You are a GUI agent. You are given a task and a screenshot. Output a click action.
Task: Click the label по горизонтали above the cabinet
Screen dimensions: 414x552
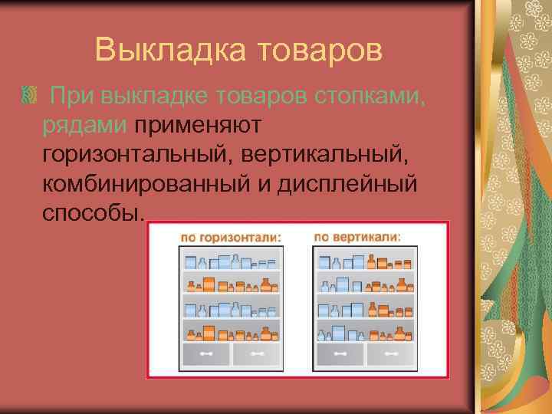tap(231, 237)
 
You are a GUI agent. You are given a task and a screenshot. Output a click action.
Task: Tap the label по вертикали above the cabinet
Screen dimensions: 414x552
tap(357, 237)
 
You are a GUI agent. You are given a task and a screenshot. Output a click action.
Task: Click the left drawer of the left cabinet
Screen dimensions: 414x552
tap(206, 354)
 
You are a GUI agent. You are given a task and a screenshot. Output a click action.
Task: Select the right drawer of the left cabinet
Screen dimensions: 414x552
tap(254, 354)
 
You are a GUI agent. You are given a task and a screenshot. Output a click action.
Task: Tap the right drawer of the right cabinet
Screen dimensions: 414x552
tap(390, 354)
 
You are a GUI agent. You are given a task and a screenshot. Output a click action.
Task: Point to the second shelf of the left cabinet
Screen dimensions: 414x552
tap(230, 284)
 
